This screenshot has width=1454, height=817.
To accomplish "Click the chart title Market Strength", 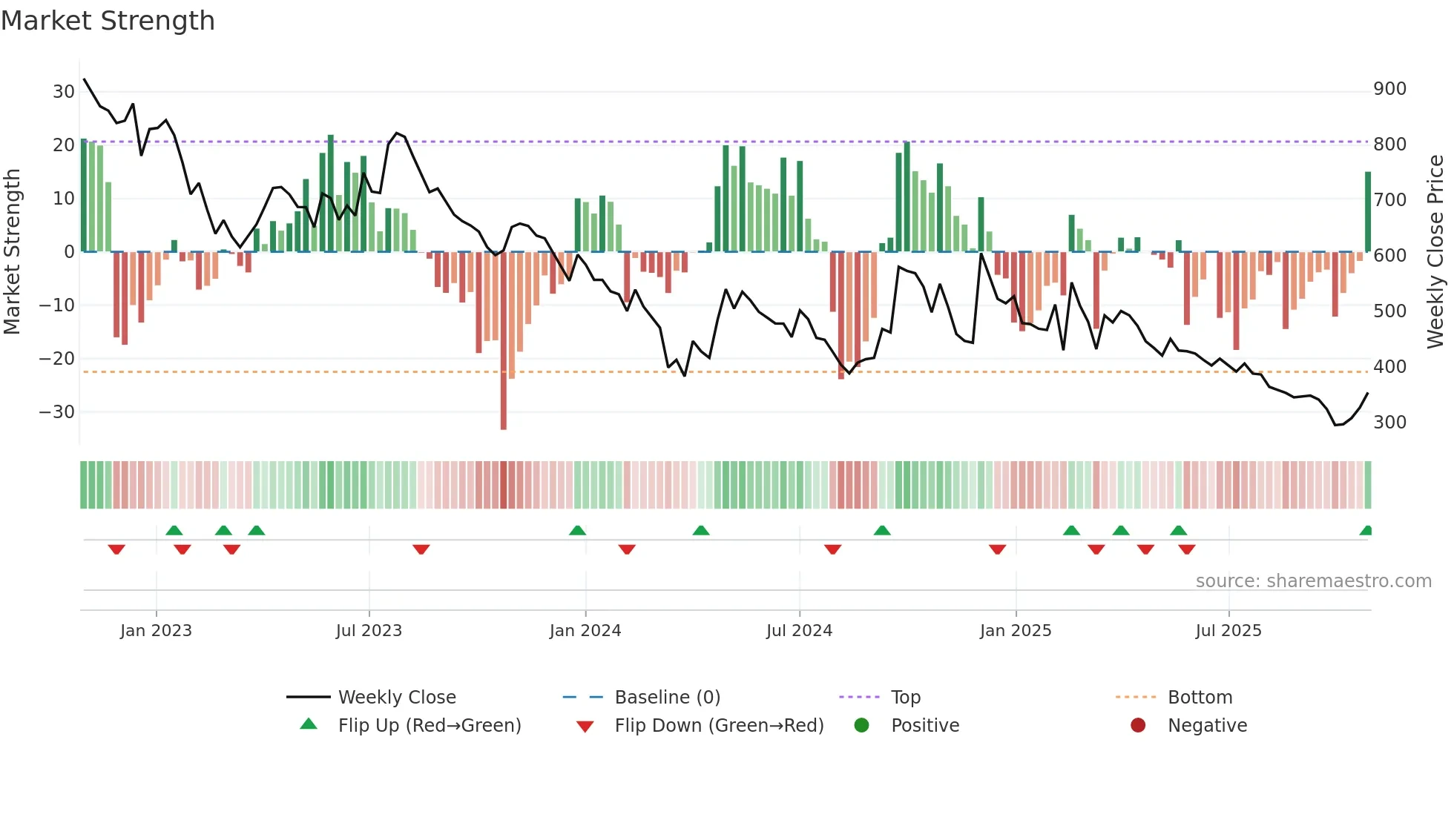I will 108,21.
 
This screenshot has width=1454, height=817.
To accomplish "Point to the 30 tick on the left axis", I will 63,92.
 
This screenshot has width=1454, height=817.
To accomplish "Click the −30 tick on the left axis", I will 57,412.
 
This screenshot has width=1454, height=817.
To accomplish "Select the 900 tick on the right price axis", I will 1389,89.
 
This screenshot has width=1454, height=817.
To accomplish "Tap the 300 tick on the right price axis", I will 1389,423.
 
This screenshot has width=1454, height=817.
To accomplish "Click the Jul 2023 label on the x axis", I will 369,631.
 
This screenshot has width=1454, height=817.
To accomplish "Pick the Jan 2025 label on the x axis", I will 1016,631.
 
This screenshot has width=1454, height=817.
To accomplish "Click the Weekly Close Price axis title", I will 1435,252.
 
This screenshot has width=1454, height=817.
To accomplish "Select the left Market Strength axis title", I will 12,252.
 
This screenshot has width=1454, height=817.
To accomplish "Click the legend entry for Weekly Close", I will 397,698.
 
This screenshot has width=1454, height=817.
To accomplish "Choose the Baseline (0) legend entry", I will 668,698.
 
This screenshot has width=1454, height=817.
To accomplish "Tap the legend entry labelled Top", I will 906,698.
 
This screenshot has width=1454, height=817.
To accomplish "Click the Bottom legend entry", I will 1200,698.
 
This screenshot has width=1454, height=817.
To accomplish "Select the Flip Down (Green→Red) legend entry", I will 719,726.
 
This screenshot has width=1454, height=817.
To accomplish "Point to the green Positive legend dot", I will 861,725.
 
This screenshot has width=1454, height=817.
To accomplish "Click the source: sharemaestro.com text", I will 1313,581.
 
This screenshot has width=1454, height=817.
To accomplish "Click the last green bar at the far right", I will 1368,211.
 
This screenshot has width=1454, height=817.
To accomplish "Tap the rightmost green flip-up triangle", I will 1366,531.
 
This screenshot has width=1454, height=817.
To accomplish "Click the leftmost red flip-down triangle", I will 116,549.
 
